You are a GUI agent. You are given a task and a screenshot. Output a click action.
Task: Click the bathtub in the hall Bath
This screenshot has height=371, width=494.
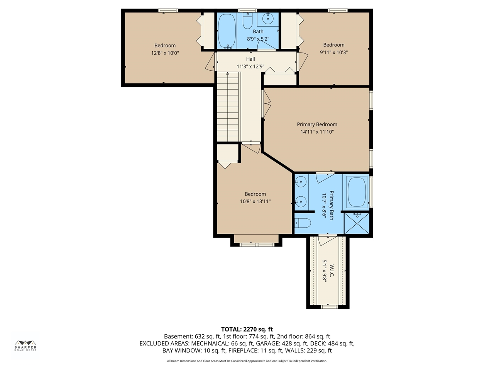227,31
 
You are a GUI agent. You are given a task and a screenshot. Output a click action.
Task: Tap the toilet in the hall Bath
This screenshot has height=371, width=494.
247,22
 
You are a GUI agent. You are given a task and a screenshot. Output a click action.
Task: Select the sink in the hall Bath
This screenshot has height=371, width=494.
268,18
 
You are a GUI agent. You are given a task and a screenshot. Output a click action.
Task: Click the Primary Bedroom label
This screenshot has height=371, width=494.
317,124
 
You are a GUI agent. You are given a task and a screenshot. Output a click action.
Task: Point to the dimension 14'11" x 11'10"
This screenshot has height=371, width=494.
317,132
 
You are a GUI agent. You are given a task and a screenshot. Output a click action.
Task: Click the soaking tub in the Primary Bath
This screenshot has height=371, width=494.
357,192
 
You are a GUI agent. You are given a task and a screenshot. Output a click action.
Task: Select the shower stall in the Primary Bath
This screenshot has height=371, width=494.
357,223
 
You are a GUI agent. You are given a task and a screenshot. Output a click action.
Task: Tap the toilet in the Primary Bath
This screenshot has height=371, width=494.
303,223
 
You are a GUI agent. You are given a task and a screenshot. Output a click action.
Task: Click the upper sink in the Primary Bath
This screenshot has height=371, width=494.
301,181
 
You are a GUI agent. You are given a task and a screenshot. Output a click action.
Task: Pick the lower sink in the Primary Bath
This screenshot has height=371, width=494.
301,201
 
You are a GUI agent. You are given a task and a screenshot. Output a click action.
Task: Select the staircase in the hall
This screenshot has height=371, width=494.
228,108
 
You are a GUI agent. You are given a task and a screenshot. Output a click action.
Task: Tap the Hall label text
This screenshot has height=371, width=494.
250,59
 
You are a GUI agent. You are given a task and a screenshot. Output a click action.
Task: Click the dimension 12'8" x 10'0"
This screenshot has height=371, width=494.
165,53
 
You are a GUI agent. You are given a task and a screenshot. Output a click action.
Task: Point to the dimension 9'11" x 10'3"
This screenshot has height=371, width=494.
334,52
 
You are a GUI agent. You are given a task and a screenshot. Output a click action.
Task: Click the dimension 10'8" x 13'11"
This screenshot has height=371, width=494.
255,201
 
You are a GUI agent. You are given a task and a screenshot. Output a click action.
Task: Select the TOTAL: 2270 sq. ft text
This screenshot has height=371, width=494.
247,329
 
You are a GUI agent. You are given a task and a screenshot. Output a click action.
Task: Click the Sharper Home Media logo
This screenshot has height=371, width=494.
25,345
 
